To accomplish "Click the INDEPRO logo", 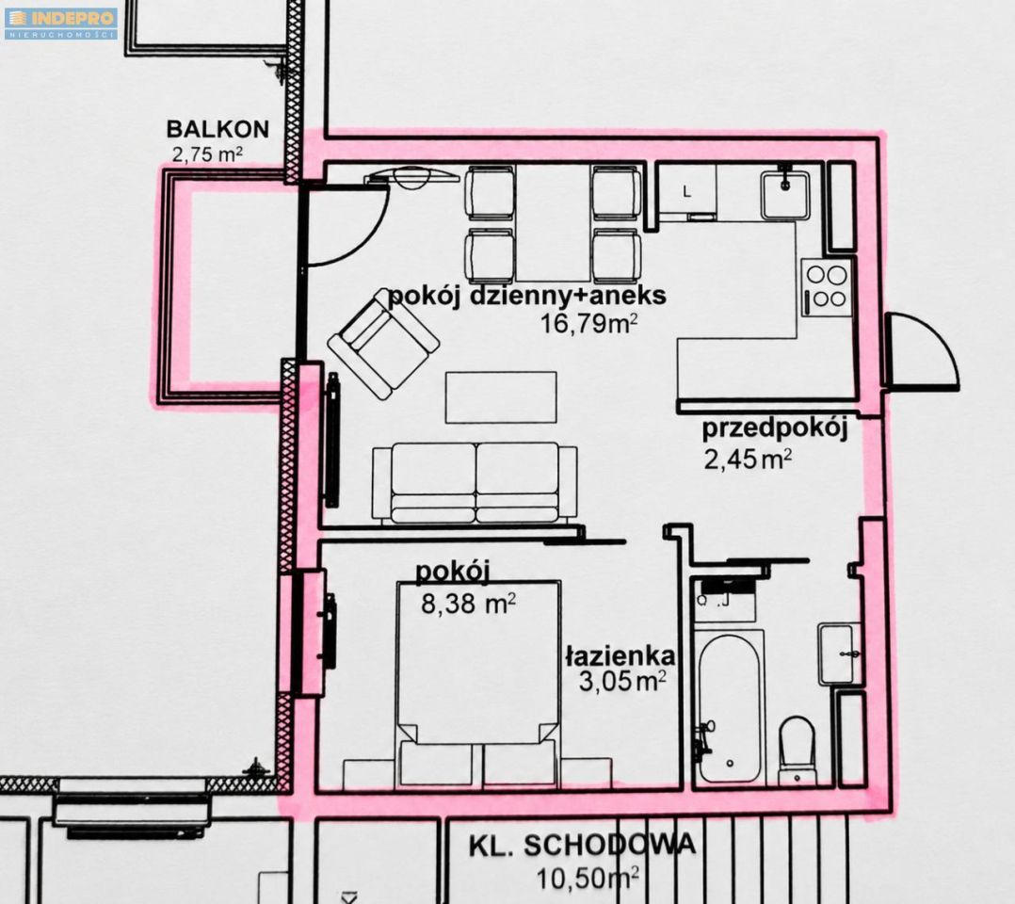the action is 61,24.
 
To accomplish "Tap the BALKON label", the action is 217,129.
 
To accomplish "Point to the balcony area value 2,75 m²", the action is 207,154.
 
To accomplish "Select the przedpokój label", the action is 775,428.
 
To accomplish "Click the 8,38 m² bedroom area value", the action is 468,604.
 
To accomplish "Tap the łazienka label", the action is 620,655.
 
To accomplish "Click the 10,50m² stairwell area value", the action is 588,878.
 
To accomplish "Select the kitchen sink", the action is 785,195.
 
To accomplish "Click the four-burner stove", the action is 827,287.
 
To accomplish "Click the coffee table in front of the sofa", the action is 501,397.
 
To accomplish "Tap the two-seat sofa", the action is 475,483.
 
